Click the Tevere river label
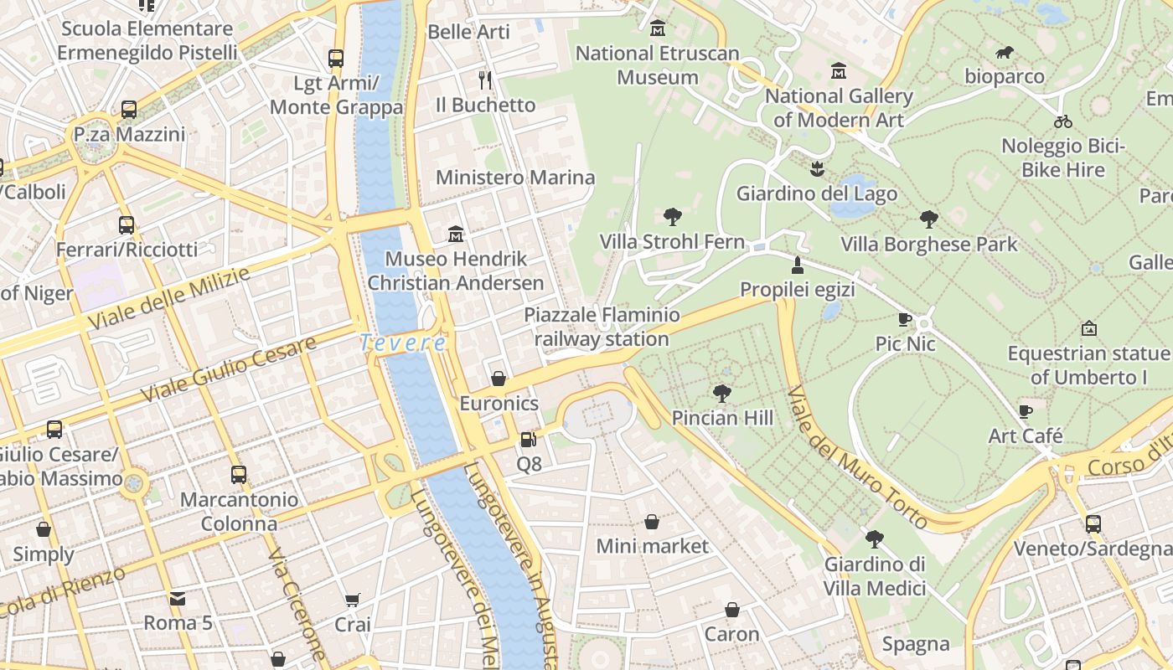(403, 343)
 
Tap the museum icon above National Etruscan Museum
(658, 29)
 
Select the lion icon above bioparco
(1005, 53)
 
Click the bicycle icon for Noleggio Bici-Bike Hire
(1063, 121)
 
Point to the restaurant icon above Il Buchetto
(484, 80)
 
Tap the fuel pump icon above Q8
(527, 439)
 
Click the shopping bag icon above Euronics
(499, 379)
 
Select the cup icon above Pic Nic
(905, 319)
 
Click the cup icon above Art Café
(1025, 411)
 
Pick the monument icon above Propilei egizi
(797, 265)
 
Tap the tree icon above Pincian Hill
(721, 393)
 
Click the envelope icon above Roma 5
(178, 599)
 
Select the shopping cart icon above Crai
(353, 600)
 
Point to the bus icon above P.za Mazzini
(129, 110)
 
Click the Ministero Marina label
(515, 178)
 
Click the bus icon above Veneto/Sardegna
(1093, 524)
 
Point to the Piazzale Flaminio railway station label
(602, 327)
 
